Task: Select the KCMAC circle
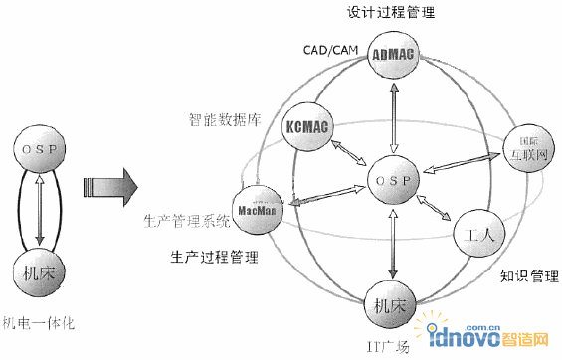[306, 128]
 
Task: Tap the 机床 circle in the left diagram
[39, 269]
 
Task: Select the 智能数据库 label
[225, 119]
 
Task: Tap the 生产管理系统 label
[186, 219]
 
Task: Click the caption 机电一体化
[41, 323]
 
